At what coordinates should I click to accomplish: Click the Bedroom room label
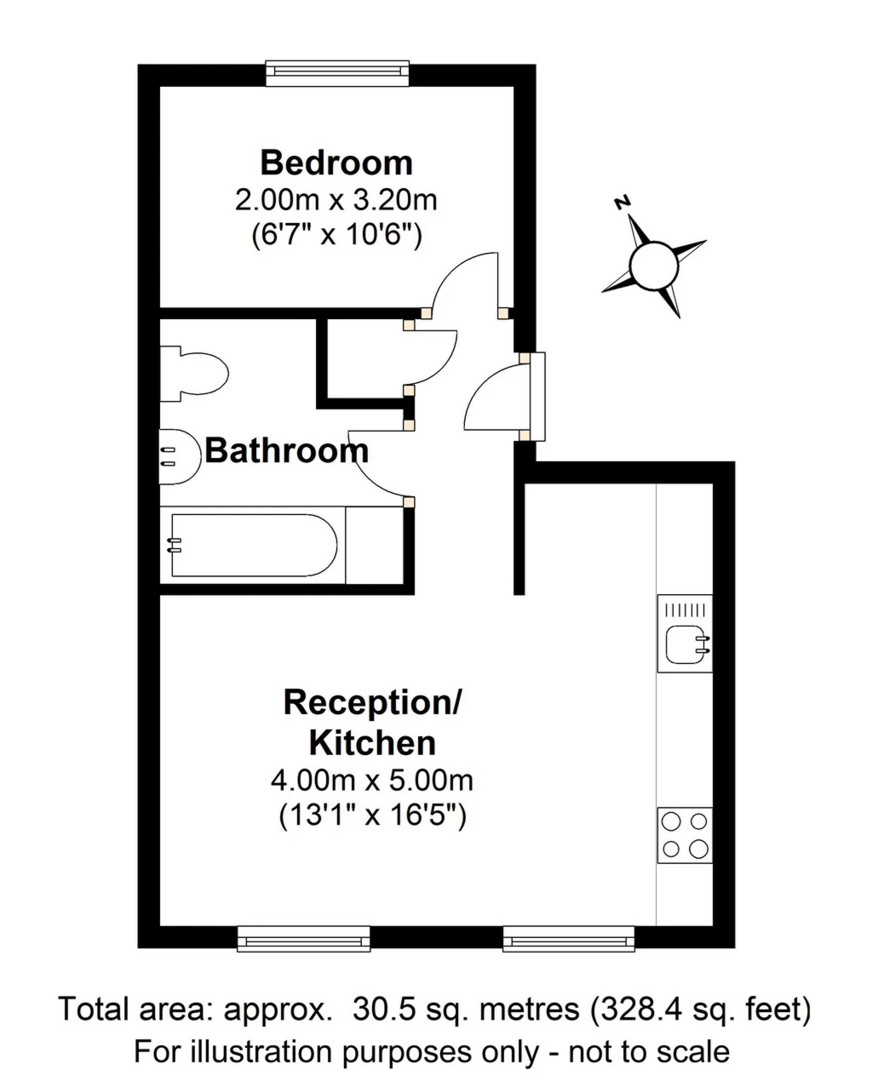[336, 163]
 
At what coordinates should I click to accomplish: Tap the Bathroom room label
[287, 450]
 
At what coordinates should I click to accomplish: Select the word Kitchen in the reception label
[372, 743]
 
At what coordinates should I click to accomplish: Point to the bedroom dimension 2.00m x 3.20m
[336, 201]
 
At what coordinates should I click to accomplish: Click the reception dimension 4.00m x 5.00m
[372, 781]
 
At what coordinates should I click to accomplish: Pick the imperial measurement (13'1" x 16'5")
[372, 815]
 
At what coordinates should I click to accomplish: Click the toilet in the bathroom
[193, 374]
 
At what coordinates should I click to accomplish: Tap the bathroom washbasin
[180, 456]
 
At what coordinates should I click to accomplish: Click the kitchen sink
[685, 633]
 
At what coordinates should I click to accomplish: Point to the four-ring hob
[685, 835]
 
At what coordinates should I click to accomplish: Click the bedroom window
[337, 74]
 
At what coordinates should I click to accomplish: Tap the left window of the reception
[303, 939]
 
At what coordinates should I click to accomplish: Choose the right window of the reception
[568, 939]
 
